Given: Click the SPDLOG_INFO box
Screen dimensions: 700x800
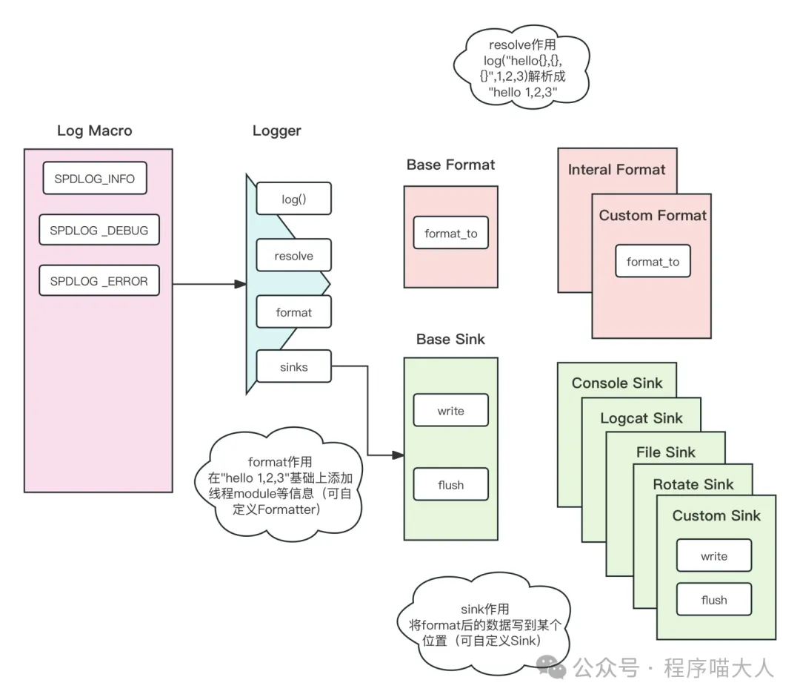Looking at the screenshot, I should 94,179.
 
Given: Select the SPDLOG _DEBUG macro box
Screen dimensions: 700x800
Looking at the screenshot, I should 99,231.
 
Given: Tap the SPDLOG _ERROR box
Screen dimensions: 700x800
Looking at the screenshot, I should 99,281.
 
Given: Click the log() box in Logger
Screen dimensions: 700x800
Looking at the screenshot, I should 293,199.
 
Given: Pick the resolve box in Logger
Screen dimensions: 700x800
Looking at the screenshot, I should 293,256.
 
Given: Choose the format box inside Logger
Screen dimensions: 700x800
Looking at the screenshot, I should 293,312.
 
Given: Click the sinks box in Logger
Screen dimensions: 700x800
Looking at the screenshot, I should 293,366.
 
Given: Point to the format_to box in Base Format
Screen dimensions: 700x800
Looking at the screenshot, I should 450,234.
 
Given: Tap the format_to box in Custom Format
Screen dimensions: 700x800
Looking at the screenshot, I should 653,262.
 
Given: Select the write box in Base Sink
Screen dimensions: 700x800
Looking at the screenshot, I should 450,411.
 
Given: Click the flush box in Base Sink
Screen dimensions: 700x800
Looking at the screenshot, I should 450,485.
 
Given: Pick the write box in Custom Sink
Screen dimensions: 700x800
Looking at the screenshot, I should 714,556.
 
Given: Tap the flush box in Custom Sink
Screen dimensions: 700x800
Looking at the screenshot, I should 714,600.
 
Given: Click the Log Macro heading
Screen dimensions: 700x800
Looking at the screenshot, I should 95,131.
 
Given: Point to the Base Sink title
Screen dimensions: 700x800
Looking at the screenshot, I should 450,340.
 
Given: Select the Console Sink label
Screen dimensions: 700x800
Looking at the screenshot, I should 616,383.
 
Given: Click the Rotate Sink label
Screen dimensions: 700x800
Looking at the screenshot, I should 693,484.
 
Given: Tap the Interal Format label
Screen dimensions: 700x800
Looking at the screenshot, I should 616,170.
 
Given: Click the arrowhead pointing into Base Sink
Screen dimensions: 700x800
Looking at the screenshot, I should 398,455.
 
